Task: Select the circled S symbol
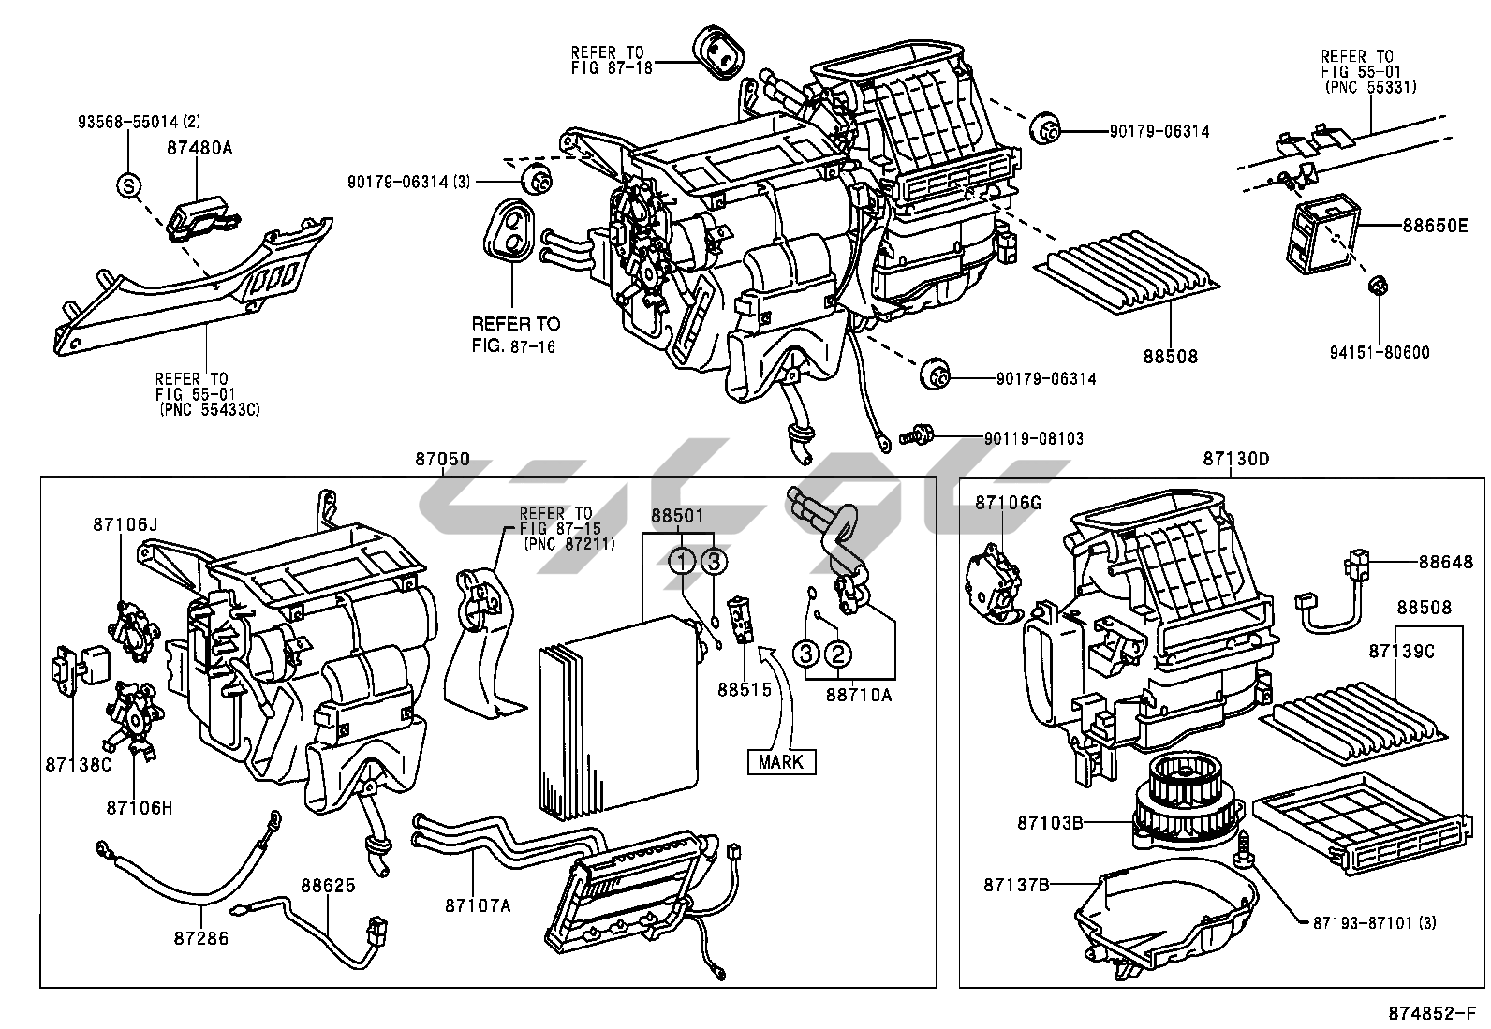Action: tap(128, 185)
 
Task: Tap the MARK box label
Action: tap(781, 761)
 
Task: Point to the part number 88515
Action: tap(745, 690)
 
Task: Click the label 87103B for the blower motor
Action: tap(1051, 823)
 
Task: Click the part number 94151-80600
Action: tap(1380, 353)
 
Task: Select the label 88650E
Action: tap(1435, 226)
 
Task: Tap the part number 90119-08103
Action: tap(1033, 437)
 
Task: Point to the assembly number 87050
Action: tap(443, 460)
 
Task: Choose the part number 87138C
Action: tap(78, 764)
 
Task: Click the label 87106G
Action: tap(1008, 503)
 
